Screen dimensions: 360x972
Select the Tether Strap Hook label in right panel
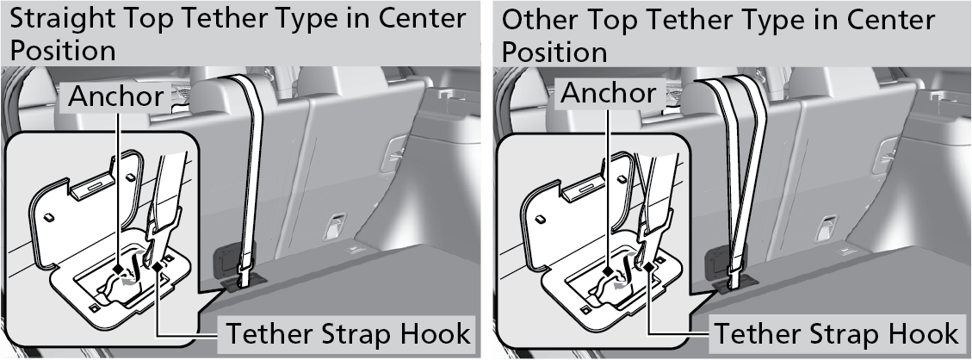point(837,332)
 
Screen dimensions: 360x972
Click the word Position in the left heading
point(62,50)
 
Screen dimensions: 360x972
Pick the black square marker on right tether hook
point(648,268)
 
